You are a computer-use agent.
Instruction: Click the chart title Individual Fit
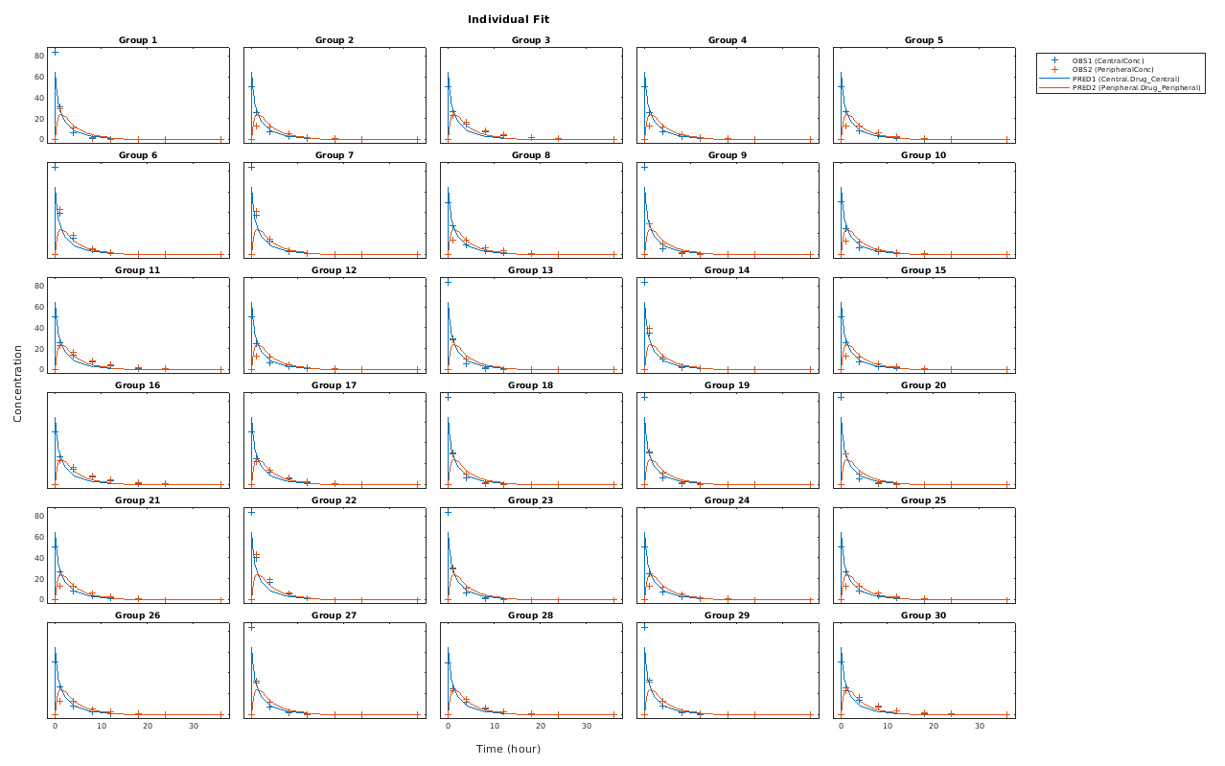(508, 19)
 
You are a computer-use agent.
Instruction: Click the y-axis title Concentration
(17, 383)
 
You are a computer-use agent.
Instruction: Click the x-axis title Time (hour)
(508, 749)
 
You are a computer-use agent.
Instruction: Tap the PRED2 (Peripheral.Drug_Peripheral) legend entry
(1126, 87)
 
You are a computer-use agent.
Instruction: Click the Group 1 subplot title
(138, 40)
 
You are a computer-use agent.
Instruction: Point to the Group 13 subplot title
(531, 270)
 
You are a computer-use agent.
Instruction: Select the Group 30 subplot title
(924, 615)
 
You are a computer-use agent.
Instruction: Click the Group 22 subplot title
(335, 500)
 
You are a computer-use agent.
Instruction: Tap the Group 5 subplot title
(924, 40)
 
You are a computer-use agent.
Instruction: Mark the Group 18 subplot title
(531, 385)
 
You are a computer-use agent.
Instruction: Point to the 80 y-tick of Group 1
(39, 56)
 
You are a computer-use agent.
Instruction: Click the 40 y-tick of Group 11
(39, 328)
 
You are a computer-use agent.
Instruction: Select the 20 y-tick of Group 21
(39, 579)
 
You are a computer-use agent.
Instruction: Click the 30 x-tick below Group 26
(194, 727)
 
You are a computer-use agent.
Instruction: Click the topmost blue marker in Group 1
(56, 52)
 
